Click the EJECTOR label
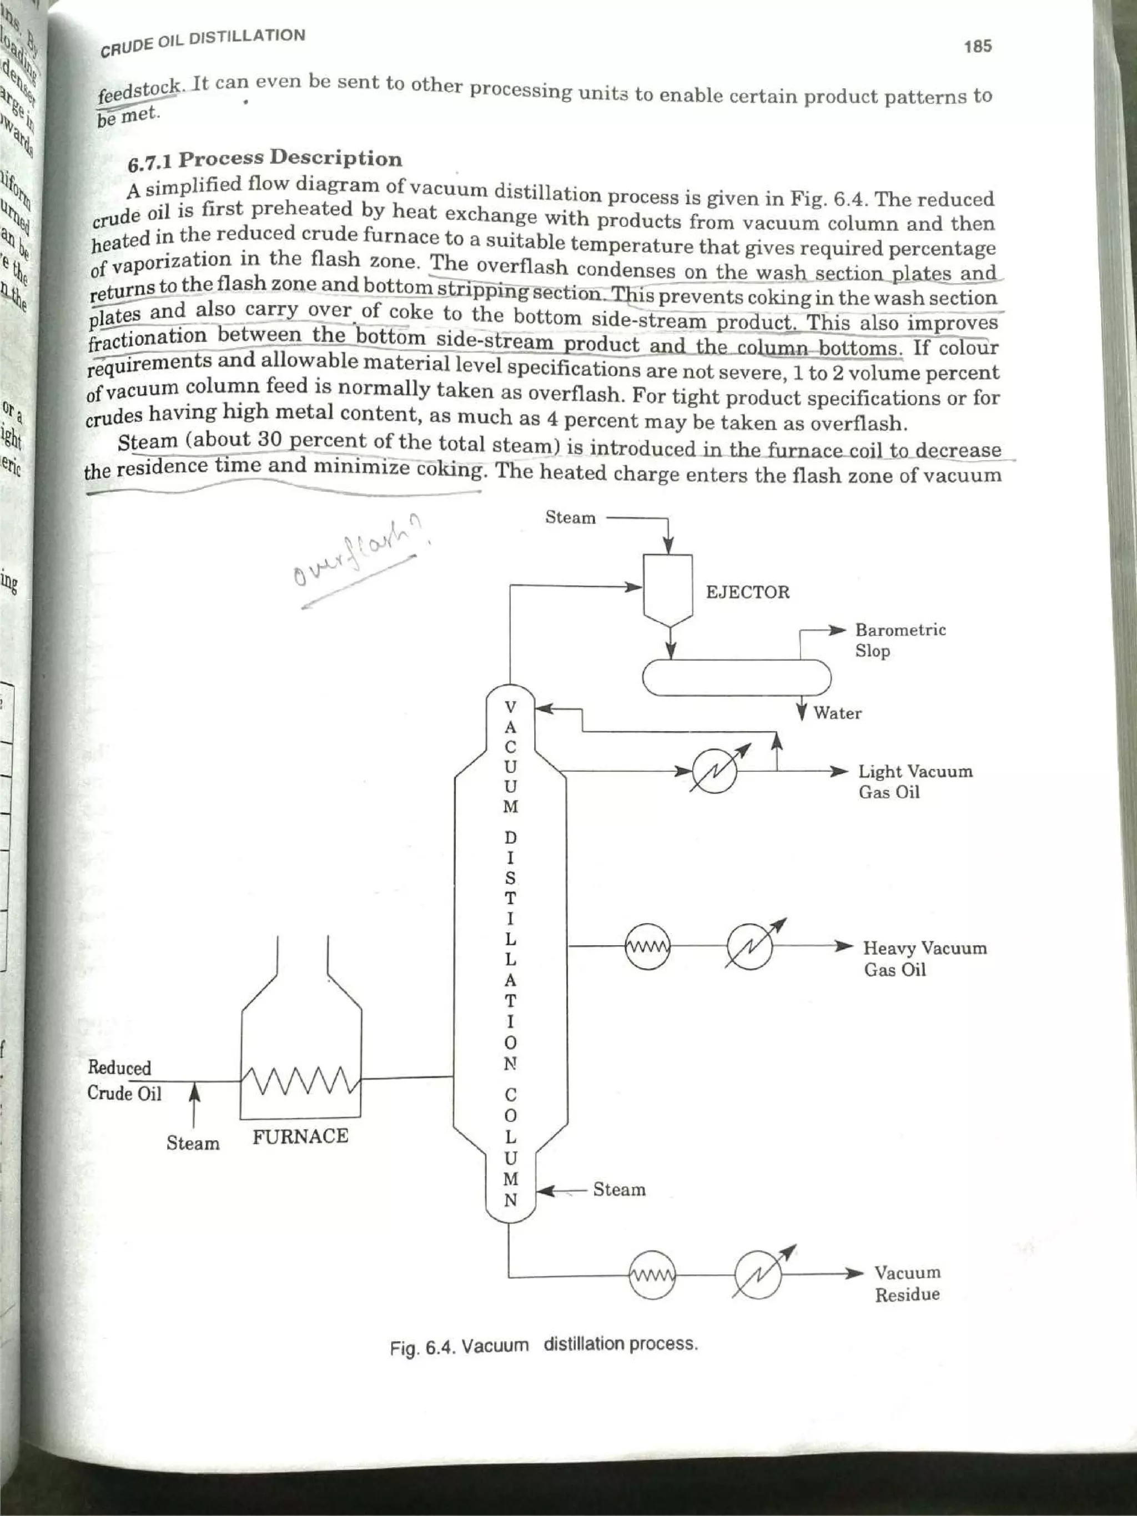point(747,592)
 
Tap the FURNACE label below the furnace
point(300,1136)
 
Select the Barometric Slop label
point(900,640)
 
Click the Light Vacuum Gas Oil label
point(915,781)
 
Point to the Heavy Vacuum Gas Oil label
point(924,958)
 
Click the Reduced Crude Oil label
point(124,1080)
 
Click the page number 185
point(977,47)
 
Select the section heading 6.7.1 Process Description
point(265,159)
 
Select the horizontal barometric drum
point(736,677)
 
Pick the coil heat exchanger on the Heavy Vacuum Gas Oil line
point(648,946)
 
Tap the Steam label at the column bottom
point(619,1189)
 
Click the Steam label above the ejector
point(570,517)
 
